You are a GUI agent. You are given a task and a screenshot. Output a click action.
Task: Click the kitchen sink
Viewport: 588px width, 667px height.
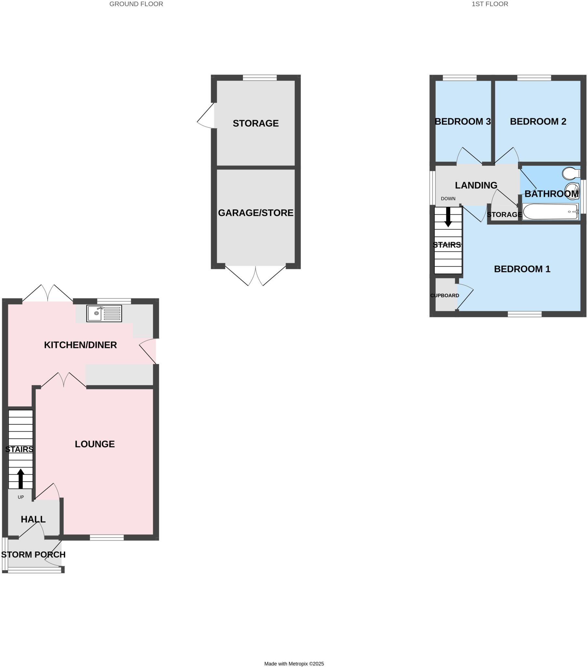pos(104,313)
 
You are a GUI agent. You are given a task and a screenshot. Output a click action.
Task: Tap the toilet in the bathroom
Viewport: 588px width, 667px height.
pos(570,173)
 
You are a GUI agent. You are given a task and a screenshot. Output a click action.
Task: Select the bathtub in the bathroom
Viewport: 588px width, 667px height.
pos(550,211)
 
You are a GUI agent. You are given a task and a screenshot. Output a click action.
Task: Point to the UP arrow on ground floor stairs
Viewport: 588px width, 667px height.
pos(21,478)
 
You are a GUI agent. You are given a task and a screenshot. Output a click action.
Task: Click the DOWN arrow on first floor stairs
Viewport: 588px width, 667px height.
pos(448,217)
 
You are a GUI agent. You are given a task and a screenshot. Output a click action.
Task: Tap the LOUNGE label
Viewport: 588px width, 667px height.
pos(95,444)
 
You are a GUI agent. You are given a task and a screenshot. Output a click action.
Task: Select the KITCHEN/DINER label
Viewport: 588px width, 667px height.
pos(80,345)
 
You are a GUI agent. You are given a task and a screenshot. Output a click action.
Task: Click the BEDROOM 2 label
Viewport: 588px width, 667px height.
pos(538,121)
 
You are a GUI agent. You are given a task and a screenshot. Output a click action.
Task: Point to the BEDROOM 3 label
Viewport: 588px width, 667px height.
pos(462,121)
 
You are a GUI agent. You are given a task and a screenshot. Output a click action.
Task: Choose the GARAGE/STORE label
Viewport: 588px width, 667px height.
pos(256,213)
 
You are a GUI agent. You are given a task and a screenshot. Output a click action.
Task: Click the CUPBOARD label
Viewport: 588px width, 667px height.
pos(444,295)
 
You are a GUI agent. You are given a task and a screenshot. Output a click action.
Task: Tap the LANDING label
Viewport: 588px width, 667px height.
pos(476,185)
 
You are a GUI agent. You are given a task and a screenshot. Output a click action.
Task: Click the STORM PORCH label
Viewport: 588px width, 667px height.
pos(33,554)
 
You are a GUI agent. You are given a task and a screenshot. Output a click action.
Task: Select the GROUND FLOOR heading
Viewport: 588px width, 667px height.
pos(136,4)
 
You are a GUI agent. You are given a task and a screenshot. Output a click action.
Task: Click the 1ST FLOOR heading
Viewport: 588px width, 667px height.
pos(489,4)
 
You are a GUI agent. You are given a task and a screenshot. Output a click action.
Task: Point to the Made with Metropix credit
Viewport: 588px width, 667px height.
pos(294,663)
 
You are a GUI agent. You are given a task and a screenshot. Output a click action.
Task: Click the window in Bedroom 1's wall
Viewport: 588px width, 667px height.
pos(525,314)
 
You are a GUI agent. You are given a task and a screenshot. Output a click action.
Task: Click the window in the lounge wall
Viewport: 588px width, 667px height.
pos(107,537)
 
